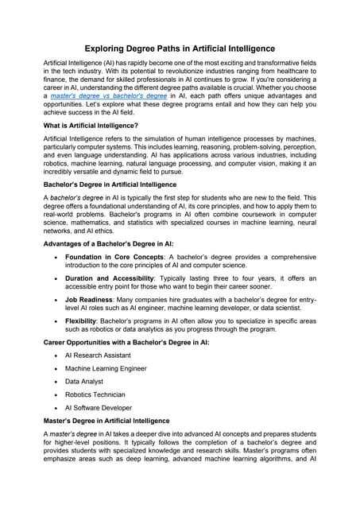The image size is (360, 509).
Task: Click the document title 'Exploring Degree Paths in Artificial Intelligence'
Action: point(180,49)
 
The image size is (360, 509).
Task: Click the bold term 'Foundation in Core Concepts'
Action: point(114,280)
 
